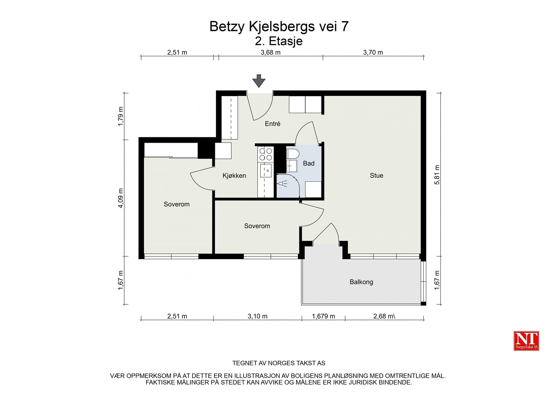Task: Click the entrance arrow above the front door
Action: [x=259, y=81]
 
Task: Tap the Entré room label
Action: [x=272, y=124]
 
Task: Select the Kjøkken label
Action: [x=234, y=176]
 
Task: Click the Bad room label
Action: [x=309, y=164]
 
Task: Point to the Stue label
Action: [x=376, y=176]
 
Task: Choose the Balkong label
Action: [x=361, y=282]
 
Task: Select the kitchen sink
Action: [x=266, y=170]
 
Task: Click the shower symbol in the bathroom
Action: [x=282, y=184]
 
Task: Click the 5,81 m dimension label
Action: [x=437, y=175]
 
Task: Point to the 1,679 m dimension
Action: [x=323, y=316]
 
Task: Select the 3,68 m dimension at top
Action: [x=271, y=53]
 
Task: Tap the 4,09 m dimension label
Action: [x=121, y=198]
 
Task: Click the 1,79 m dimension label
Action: [x=121, y=116]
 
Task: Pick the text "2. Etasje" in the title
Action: [x=279, y=41]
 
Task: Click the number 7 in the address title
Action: [x=345, y=27]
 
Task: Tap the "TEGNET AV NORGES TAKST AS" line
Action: [x=279, y=363]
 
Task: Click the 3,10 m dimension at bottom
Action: [x=257, y=316]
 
